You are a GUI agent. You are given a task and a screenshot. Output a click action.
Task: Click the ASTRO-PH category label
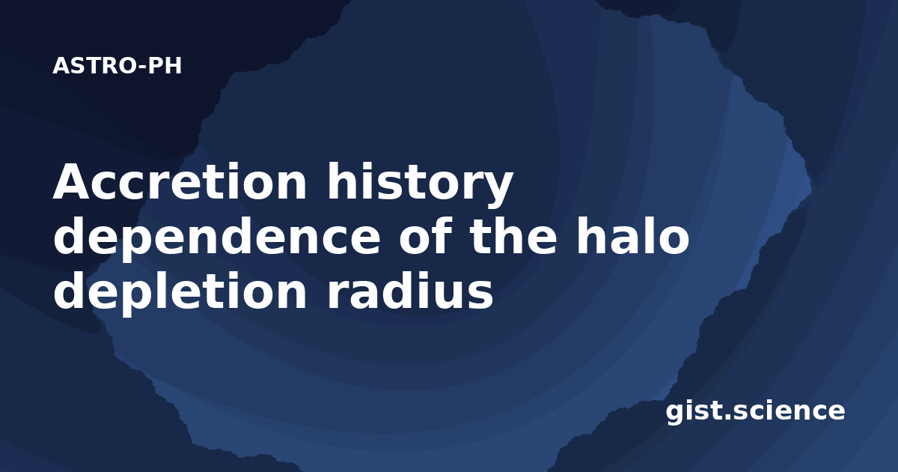click(117, 66)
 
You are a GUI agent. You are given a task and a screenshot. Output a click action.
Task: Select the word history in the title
click(420, 184)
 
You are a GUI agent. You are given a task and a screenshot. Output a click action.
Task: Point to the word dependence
click(216, 236)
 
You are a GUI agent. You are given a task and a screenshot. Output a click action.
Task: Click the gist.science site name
click(755, 411)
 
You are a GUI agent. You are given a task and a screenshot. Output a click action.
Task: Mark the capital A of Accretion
click(71, 181)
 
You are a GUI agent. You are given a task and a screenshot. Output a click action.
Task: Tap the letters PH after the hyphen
click(165, 66)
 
